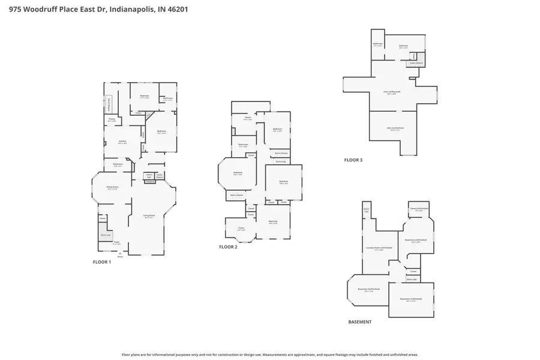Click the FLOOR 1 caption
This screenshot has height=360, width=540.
[101, 262]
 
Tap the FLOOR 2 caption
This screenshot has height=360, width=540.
[228, 247]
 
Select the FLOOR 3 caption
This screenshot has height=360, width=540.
[353, 160]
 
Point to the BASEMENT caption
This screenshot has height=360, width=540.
[360, 322]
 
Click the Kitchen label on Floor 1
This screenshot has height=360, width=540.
[122, 142]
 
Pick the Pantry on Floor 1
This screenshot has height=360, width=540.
[112, 119]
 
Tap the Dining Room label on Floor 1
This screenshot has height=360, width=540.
[112, 187]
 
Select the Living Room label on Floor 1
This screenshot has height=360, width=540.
[149, 216]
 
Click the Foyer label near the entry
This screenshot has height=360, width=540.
[117, 243]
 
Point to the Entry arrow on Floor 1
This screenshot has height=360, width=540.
[119, 254]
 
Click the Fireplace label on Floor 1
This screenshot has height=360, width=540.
[150, 182]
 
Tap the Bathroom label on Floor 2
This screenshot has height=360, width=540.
[243, 145]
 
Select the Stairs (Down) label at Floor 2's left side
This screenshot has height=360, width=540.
[236, 194]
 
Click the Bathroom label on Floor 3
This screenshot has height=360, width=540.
[378, 44]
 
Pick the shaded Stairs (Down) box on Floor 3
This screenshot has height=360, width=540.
[416, 62]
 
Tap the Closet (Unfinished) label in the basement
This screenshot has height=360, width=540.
[419, 209]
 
